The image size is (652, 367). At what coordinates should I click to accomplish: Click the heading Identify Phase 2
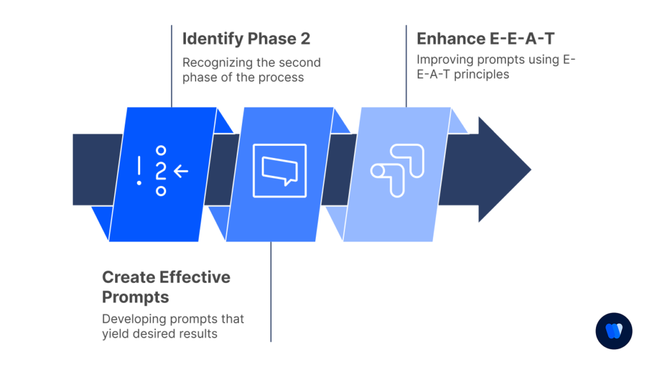pos(246,39)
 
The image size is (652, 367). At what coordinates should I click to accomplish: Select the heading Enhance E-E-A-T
pos(485,39)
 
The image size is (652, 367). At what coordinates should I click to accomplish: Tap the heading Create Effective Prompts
pos(166,287)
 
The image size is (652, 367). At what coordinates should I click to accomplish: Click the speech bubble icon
pos(280,170)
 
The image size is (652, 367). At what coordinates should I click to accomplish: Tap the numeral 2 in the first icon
pos(161,170)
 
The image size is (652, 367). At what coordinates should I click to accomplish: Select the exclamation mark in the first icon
pos(139,171)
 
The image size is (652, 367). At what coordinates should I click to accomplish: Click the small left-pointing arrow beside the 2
pos(181,170)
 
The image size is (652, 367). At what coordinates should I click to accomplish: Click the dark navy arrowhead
pos(504,170)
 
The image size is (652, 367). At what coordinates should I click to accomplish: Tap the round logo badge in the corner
pos(614,331)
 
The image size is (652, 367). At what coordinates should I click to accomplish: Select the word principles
pos(483,74)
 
